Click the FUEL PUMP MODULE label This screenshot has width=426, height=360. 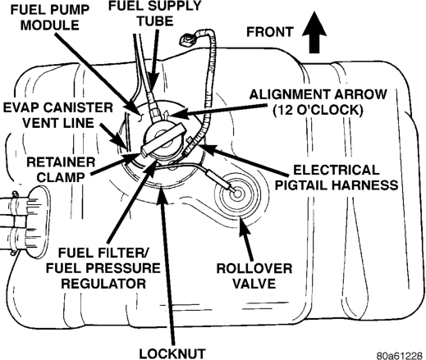50,18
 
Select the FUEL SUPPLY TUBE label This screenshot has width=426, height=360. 155,13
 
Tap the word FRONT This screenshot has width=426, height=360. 270,32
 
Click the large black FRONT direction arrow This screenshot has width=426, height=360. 314,34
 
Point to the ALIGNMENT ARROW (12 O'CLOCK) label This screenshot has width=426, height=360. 318,103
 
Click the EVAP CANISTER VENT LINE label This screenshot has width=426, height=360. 57,115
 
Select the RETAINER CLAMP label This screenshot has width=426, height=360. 61,170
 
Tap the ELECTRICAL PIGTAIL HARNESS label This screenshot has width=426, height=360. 337,177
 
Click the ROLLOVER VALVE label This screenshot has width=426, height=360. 254,276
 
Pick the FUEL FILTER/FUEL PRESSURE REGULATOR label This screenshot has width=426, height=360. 103,268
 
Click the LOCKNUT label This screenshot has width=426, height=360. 172,353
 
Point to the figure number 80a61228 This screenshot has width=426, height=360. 400,356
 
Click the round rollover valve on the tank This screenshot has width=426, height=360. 236,194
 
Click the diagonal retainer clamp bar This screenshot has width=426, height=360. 163,140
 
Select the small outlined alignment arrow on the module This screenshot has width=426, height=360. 166,115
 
